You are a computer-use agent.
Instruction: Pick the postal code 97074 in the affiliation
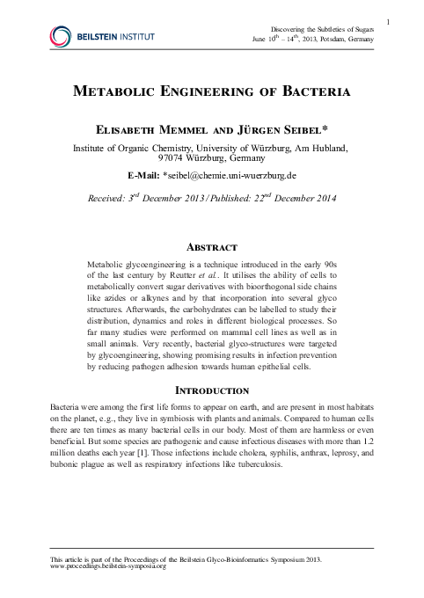(x=175, y=160)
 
